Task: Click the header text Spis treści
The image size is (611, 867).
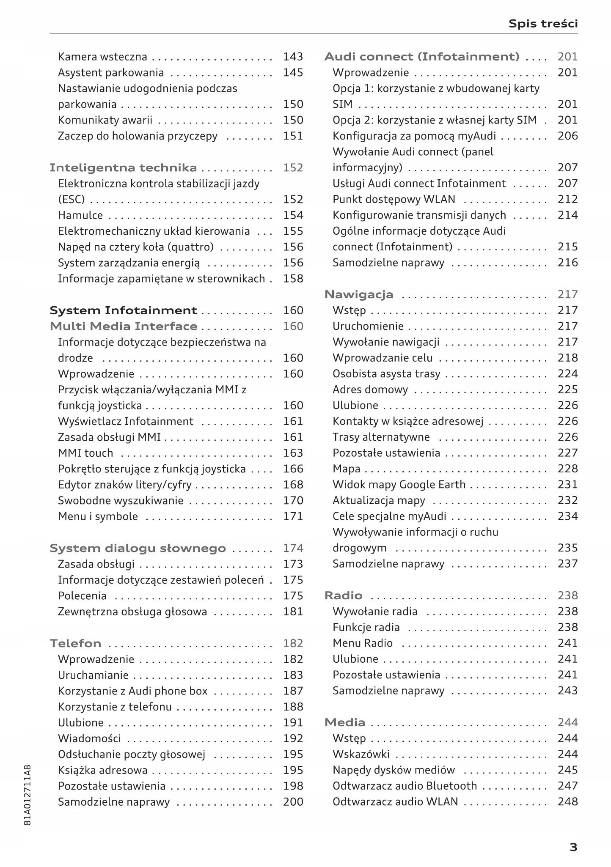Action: (x=543, y=23)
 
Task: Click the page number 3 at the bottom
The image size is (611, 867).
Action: (x=573, y=847)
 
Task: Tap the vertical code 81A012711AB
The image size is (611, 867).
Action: (x=28, y=795)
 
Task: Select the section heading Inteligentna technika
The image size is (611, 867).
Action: (x=123, y=168)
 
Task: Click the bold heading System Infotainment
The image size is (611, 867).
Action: (x=123, y=310)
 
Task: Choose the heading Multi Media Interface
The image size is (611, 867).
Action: (x=123, y=326)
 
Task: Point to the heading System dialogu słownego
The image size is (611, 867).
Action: (x=138, y=549)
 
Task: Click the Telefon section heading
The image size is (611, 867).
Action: (x=75, y=644)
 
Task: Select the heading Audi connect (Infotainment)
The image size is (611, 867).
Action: (x=421, y=57)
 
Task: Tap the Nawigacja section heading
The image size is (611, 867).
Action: (x=359, y=294)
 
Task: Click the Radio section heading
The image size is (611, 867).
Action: (x=343, y=596)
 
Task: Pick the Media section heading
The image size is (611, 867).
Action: (x=344, y=723)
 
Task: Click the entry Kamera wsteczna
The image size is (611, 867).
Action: (x=102, y=57)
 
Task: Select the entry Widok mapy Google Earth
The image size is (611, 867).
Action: (x=399, y=485)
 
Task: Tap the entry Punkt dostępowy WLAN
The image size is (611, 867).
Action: (x=394, y=199)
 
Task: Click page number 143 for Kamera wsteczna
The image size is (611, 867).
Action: (x=293, y=57)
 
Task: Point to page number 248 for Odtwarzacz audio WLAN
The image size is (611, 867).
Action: (x=567, y=802)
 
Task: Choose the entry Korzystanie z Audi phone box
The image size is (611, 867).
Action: (x=132, y=691)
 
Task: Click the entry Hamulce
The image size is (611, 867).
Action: (x=80, y=215)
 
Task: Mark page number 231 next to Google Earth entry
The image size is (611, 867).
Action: (x=567, y=485)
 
